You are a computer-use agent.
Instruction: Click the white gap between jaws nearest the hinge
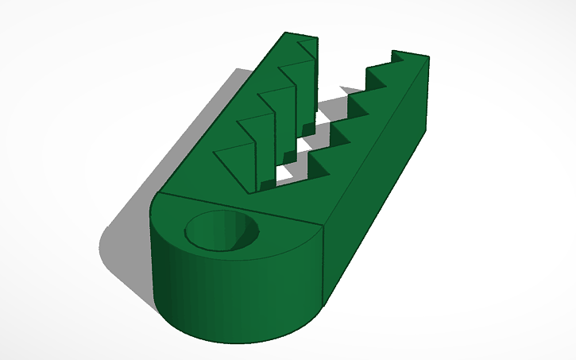tap(284, 174)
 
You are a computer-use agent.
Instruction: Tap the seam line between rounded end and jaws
tap(238, 208)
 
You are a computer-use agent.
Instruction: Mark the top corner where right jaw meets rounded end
tap(324, 226)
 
